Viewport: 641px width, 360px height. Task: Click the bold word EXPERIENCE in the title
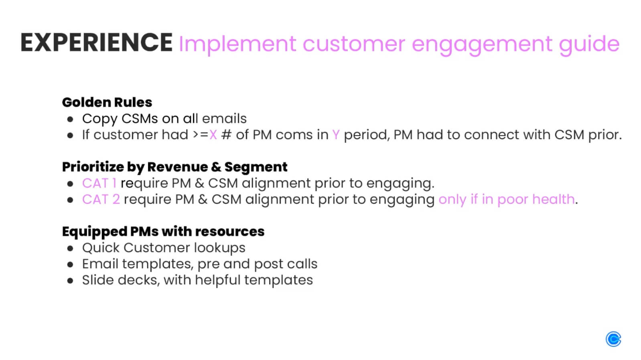pos(96,42)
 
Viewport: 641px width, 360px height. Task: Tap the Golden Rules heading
pos(107,102)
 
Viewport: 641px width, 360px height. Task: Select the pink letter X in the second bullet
pos(213,135)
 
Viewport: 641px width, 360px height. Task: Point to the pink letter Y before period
pos(336,135)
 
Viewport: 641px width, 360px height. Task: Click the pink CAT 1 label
pos(99,183)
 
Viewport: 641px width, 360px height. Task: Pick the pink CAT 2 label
pos(101,199)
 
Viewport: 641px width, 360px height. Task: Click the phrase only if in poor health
pos(507,199)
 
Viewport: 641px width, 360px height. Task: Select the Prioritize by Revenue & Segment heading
pos(174,167)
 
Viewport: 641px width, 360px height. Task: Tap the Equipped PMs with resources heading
pos(163,231)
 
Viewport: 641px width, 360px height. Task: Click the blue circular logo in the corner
pos(613,339)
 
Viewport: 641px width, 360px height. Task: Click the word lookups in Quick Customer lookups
pos(219,248)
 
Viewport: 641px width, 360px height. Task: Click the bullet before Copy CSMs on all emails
pos(71,119)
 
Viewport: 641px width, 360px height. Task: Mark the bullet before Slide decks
pos(71,281)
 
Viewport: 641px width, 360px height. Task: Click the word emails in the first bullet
pos(224,119)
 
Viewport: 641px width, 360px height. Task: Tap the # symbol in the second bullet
pos(226,135)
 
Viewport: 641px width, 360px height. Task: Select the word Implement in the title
pos(237,44)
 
